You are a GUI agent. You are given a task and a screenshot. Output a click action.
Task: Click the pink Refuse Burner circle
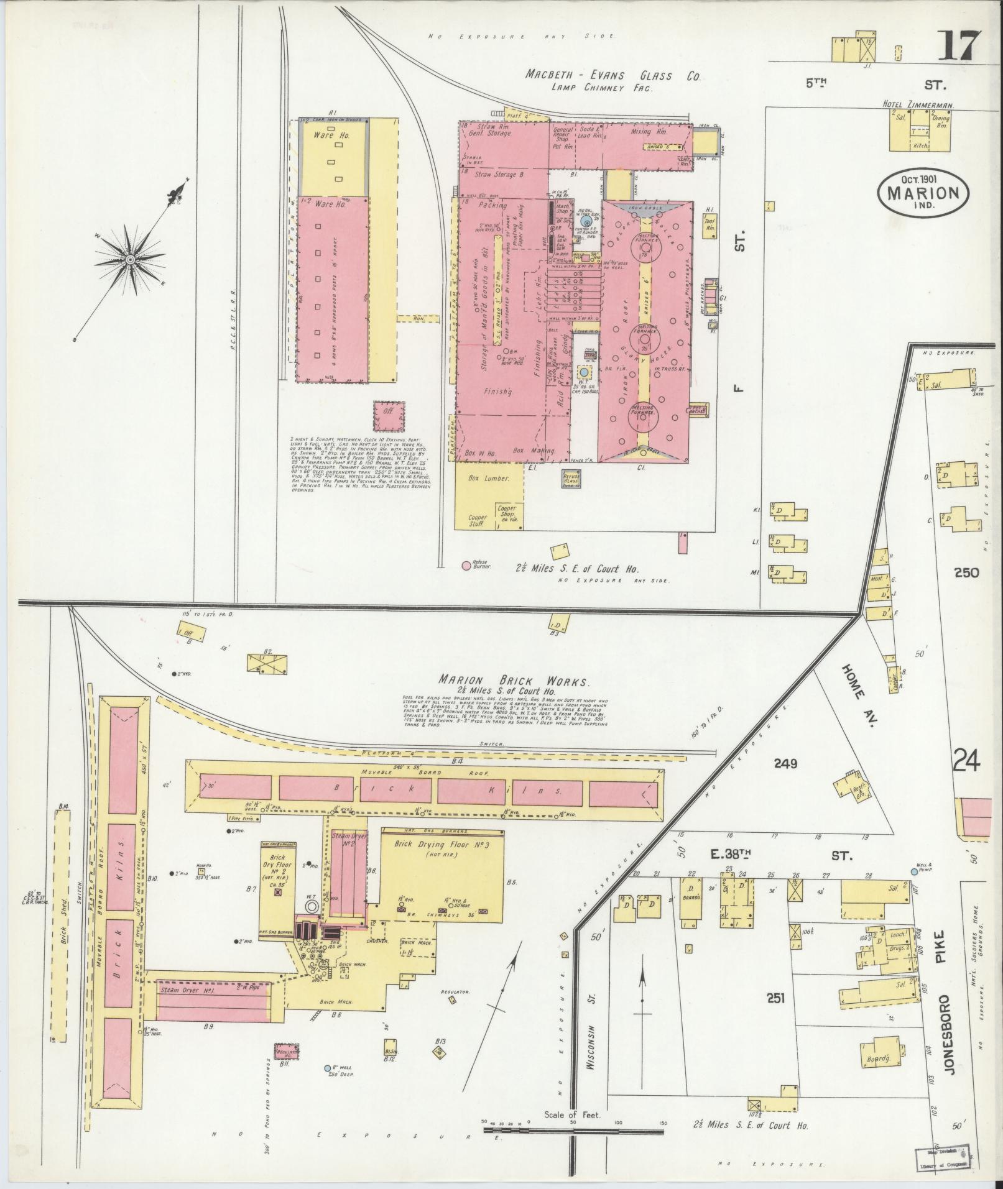466,566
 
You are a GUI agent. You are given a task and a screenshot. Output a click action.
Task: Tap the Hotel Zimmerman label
918,106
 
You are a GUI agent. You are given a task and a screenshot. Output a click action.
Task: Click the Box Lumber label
488,479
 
